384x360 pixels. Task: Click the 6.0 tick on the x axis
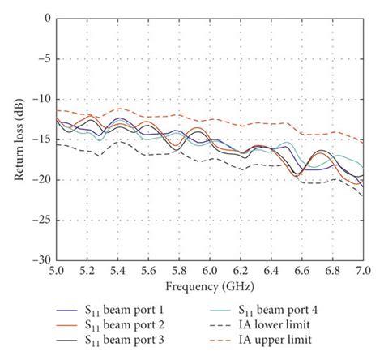point(209,271)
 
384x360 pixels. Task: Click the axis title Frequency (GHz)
point(209,285)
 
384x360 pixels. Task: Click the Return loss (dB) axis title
point(18,139)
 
